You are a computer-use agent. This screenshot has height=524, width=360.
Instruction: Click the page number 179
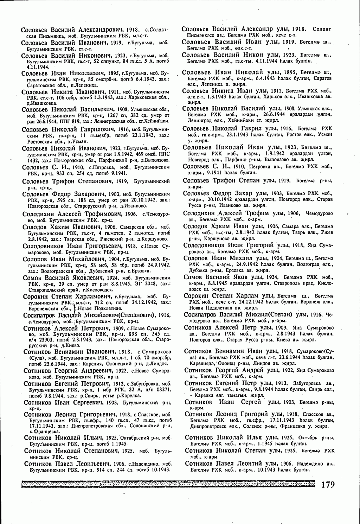click(327, 485)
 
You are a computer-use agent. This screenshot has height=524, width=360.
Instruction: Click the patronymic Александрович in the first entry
click(102, 30)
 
